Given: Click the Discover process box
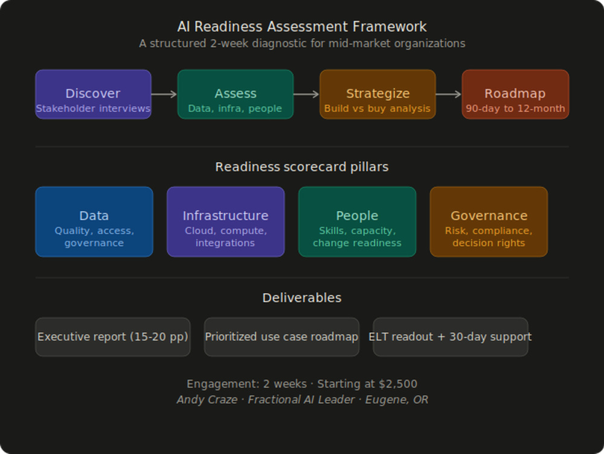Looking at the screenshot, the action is (93, 94).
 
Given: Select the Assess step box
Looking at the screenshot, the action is (236, 94).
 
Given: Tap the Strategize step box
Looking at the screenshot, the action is (377, 94).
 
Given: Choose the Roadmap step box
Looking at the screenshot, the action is (515, 94).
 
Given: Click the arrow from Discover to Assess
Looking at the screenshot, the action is (164, 94).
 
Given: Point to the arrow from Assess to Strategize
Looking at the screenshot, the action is (306, 94).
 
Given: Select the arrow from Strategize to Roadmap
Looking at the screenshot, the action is (448, 94).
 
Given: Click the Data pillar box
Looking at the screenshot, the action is (94, 222).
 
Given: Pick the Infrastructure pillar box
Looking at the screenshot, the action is (226, 222).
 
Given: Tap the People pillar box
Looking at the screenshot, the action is (357, 222).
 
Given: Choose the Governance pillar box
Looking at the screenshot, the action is (489, 222).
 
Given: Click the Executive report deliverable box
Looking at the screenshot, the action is (113, 337).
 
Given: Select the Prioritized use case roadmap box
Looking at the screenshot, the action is (281, 337).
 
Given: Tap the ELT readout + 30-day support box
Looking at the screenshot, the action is (451, 337).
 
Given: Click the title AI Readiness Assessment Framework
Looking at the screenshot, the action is (302, 27).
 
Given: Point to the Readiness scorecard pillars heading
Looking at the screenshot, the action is (302, 167).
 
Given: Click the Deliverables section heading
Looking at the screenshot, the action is (302, 297).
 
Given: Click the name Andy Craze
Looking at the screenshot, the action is (207, 400).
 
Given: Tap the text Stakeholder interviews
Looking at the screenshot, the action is (93, 108).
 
